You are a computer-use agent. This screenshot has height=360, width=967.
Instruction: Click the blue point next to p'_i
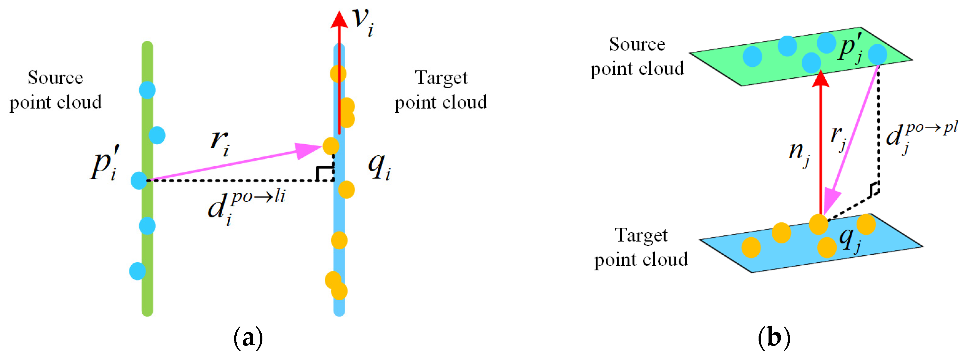[139, 180]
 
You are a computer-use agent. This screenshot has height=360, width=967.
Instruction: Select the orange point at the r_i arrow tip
[331, 146]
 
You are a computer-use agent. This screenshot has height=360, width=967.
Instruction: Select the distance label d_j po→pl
[920, 137]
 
